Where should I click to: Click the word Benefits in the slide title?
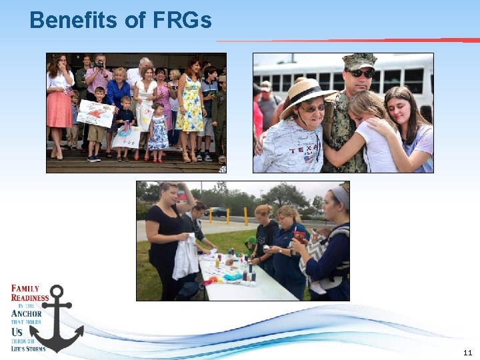click(75, 21)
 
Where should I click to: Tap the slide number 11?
click(466, 352)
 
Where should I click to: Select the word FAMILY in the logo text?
click(26, 289)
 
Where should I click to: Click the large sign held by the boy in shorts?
click(95, 113)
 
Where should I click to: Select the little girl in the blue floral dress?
click(159, 129)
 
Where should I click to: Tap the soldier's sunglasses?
click(361, 73)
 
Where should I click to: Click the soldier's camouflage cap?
click(359, 61)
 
